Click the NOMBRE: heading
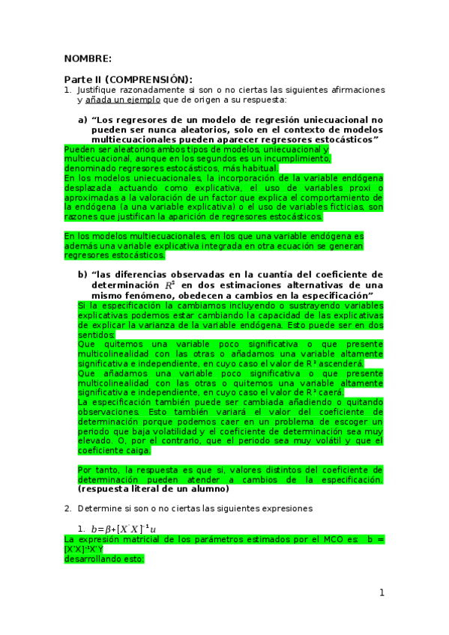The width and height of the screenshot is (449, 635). click(x=88, y=58)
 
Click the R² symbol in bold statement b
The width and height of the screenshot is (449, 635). click(x=169, y=285)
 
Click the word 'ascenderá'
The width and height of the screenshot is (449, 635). click(x=343, y=362)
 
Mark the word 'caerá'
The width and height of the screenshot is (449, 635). click(x=329, y=392)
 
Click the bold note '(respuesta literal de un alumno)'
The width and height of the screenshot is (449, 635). click(x=152, y=489)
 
